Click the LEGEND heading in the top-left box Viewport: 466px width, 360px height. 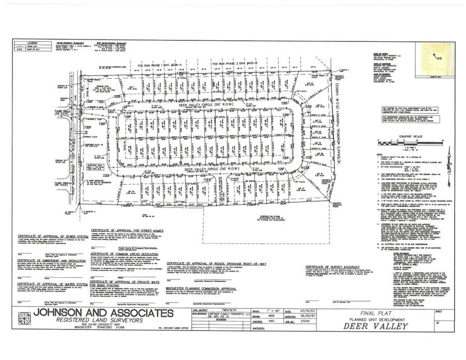(32, 42)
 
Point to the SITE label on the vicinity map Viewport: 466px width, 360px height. (441, 59)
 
